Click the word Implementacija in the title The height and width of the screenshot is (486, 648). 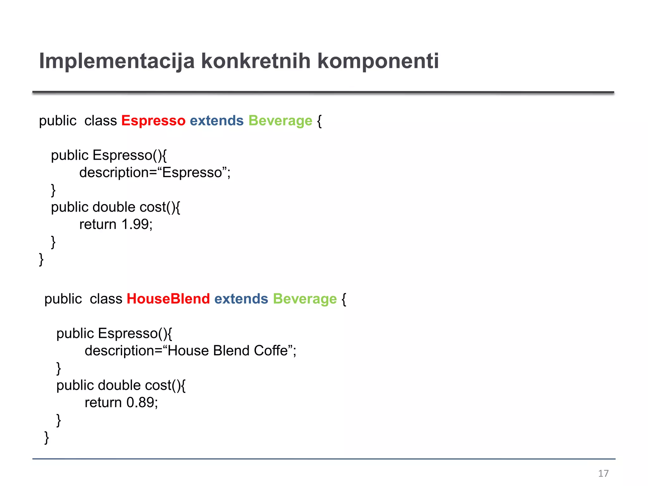116,61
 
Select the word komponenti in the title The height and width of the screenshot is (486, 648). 378,61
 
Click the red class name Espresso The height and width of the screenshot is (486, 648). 153,121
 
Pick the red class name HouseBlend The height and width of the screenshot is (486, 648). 168,299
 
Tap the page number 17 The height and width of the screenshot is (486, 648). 603,473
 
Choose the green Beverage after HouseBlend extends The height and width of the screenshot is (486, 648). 305,299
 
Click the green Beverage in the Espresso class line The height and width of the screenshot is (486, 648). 280,121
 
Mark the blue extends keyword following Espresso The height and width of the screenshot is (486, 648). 217,121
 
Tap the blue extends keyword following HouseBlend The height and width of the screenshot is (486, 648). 241,299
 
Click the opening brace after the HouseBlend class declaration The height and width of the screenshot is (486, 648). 344,299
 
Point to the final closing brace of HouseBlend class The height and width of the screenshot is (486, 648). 47,438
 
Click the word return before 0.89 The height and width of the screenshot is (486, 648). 103,403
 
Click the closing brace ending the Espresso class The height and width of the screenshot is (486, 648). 41,259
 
